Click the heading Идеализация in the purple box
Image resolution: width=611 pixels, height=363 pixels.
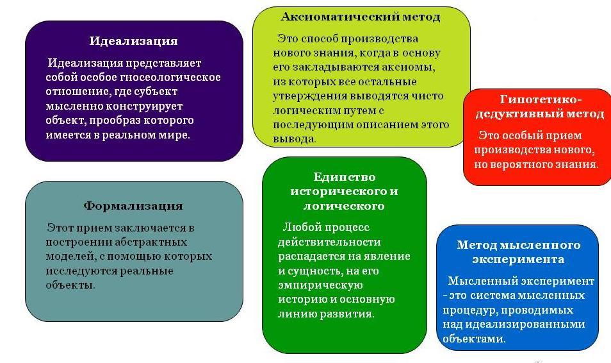[x=133, y=42]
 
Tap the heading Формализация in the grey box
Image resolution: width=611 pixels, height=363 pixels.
[x=133, y=206]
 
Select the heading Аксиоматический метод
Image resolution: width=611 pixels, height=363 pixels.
[x=361, y=17]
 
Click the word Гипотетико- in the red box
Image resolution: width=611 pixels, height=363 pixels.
[x=541, y=99]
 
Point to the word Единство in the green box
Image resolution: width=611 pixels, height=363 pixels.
[x=345, y=177]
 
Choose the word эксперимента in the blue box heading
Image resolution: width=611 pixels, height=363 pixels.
[x=518, y=260]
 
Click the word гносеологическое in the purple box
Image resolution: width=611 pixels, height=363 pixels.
[x=170, y=78]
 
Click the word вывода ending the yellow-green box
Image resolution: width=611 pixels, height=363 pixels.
[x=294, y=139]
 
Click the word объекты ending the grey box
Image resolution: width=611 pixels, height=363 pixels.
[x=70, y=285]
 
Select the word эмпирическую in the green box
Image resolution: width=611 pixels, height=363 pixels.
[x=320, y=285]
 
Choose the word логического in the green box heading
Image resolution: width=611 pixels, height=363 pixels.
[x=344, y=206]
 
